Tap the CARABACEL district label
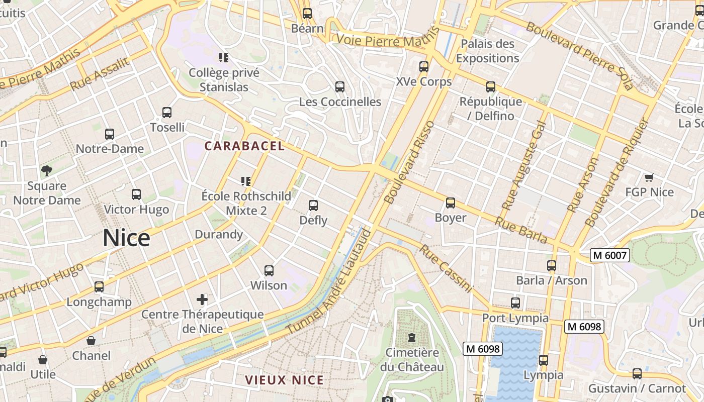(x=244, y=146)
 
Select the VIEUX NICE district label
(x=284, y=380)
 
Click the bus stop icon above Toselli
(x=167, y=113)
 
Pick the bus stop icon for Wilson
(x=269, y=271)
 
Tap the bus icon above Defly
(x=313, y=205)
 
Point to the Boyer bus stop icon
(x=451, y=203)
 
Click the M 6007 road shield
(x=610, y=255)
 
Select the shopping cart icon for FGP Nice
(x=649, y=177)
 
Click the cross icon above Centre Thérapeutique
(x=202, y=300)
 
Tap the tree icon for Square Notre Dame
(x=47, y=171)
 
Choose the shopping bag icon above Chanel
(x=91, y=341)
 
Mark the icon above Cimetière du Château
(x=412, y=337)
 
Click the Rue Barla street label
(x=521, y=230)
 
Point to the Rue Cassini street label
(x=446, y=268)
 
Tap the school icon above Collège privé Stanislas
(x=224, y=58)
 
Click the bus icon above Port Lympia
(x=515, y=303)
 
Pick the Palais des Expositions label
(x=487, y=51)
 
